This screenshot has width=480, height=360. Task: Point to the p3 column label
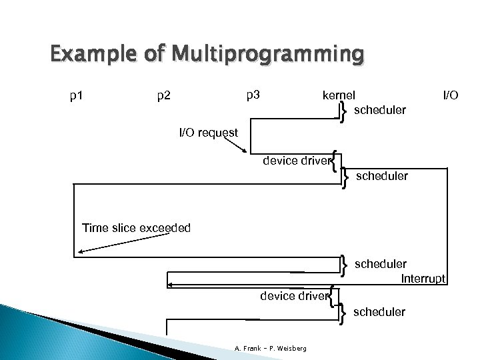(x=253, y=95)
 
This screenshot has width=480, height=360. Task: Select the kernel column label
(x=339, y=95)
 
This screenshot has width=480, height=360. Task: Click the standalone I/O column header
(x=451, y=95)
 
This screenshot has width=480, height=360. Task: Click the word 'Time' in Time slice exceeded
(x=95, y=229)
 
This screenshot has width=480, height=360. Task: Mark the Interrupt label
(x=423, y=279)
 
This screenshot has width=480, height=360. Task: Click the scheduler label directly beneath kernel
(x=380, y=109)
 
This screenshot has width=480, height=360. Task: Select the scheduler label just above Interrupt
(x=381, y=265)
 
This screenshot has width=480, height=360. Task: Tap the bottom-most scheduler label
(x=379, y=311)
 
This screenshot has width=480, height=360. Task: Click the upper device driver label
(x=297, y=161)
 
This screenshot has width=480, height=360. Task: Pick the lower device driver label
(x=294, y=295)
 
